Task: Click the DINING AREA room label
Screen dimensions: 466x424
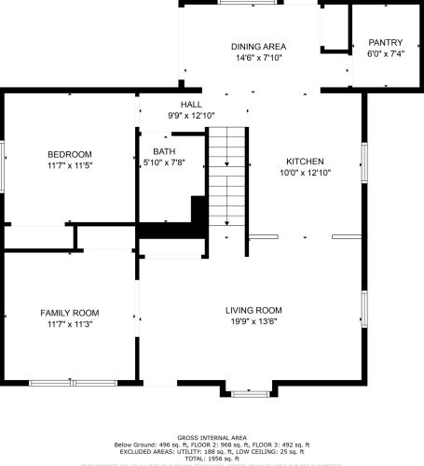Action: [258, 46]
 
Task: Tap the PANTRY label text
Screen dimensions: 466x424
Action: [385, 42]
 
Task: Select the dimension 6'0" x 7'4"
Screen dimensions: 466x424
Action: [385, 54]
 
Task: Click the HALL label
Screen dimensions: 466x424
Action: [191, 104]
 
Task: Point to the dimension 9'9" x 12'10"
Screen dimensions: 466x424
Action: [191, 115]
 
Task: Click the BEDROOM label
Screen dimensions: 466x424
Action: [70, 154]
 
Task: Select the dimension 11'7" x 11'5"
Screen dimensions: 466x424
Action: [70, 165]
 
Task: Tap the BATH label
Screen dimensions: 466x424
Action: [164, 151]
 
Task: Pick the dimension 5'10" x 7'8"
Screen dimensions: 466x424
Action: [164, 162]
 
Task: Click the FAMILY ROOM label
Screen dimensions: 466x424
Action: [69, 313]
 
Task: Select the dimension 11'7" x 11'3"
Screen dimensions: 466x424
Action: [69, 324]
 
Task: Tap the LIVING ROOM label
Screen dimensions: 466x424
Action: [253, 310]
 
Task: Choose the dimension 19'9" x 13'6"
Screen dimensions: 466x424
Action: [253, 321]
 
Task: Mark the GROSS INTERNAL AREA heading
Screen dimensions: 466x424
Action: [212, 437]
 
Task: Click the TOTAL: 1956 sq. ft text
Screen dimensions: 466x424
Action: [212, 459]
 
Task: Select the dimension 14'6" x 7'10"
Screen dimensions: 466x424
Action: [258, 58]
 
